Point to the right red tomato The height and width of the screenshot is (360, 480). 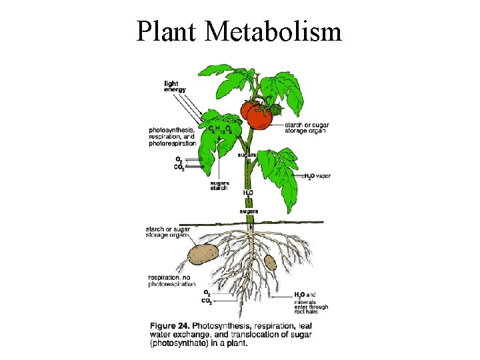[x=261, y=118]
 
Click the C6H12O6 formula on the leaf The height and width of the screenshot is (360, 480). [x=220, y=129]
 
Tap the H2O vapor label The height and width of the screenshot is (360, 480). [x=318, y=176]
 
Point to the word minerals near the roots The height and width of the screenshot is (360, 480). [x=306, y=301]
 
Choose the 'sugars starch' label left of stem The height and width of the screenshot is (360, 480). [x=219, y=185]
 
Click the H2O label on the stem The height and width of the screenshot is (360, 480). [x=248, y=193]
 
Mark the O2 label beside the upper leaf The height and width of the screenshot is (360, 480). [x=179, y=159]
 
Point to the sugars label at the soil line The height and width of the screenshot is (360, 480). [x=249, y=211]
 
